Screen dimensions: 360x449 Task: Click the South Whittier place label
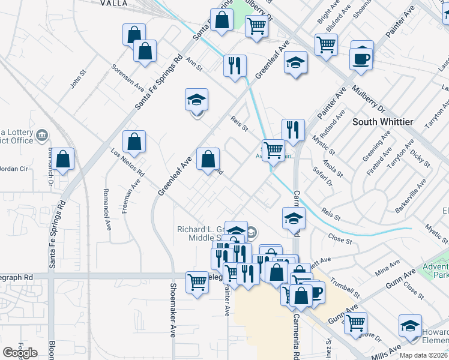(382, 122)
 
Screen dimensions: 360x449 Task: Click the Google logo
(20, 352)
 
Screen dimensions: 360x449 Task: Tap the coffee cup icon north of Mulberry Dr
(362, 59)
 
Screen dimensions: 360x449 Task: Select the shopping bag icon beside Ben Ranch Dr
(62, 160)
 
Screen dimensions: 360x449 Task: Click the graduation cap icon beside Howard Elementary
(410, 326)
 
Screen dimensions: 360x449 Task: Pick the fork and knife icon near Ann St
(235, 65)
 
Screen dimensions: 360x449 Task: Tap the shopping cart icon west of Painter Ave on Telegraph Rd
(197, 281)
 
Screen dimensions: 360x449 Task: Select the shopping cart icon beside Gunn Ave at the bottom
(356, 322)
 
